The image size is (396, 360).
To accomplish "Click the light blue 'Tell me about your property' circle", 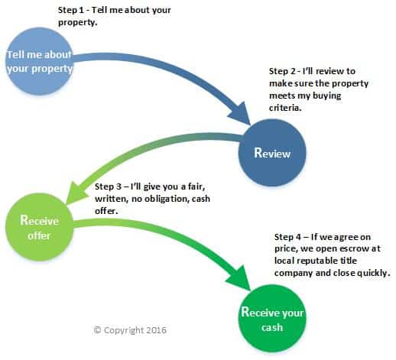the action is tap(39, 61).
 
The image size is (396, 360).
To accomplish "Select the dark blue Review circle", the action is tap(272, 153).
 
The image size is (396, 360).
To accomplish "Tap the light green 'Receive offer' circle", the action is tap(39, 227).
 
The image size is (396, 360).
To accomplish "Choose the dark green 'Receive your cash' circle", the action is tap(272, 319).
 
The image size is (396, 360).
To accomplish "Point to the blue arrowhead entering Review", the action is tap(240, 115).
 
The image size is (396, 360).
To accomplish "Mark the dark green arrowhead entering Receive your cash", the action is tap(239, 279).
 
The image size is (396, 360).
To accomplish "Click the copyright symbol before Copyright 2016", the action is tap(97, 330).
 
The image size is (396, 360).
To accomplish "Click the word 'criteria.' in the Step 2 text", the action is tap(285, 108).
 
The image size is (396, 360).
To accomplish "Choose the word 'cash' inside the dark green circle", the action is tap(272, 327).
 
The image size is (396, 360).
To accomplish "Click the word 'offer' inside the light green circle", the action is tap(39, 235).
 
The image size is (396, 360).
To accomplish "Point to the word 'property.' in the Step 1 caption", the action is tap(78, 23).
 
